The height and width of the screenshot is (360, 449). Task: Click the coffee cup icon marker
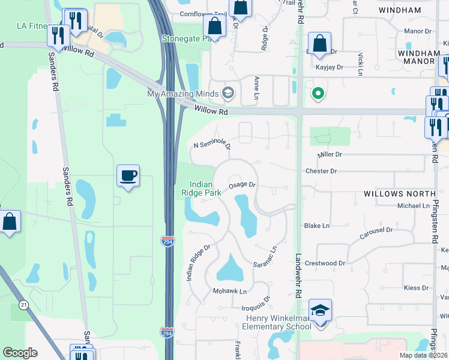pos(128,176)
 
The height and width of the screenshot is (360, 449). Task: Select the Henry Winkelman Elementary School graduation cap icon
pos(321,310)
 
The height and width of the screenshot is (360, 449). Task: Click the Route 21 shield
pos(23,305)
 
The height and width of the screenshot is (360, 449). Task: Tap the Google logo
pos(20,353)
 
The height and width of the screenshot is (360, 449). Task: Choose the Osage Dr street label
pos(243,185)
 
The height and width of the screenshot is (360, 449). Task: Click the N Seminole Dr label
pos(212,145)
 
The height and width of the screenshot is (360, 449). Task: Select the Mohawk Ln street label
pos(229,291)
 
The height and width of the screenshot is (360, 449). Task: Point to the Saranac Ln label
pos(265,257)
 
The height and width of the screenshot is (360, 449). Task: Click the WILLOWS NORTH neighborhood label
pos(399,194)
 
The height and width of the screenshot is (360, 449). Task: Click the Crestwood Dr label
pos(325,263)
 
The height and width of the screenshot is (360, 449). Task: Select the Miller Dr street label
pos(330,154)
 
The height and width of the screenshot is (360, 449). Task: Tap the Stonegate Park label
pos(187,38)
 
